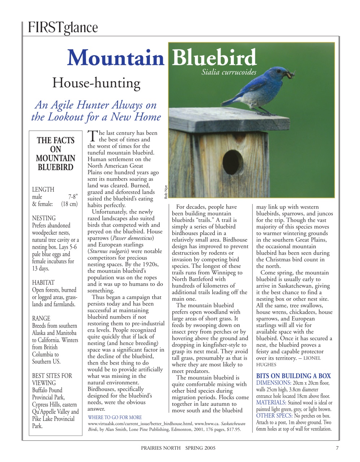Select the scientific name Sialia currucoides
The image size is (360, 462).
[x=229, y=72]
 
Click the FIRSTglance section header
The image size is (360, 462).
[x=62, y=27]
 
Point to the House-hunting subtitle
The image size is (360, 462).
[x=96, y=83]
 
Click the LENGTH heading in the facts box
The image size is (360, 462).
[x=43, y=189]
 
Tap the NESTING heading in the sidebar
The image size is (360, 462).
[x=44, y=218]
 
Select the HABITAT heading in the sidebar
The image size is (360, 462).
[x=43, y=283]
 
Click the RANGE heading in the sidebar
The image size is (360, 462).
[x=41, y=318]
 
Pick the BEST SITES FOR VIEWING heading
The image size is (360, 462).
[x=52, y=379]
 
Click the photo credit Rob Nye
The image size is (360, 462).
[x=166, y=192]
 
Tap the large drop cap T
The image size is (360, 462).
[x=92, y=136]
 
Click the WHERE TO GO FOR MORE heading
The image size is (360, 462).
[x=115, y=417]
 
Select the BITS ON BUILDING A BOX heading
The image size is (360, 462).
[x=293, y=376]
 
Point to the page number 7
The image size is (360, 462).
[x=337, y=448]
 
